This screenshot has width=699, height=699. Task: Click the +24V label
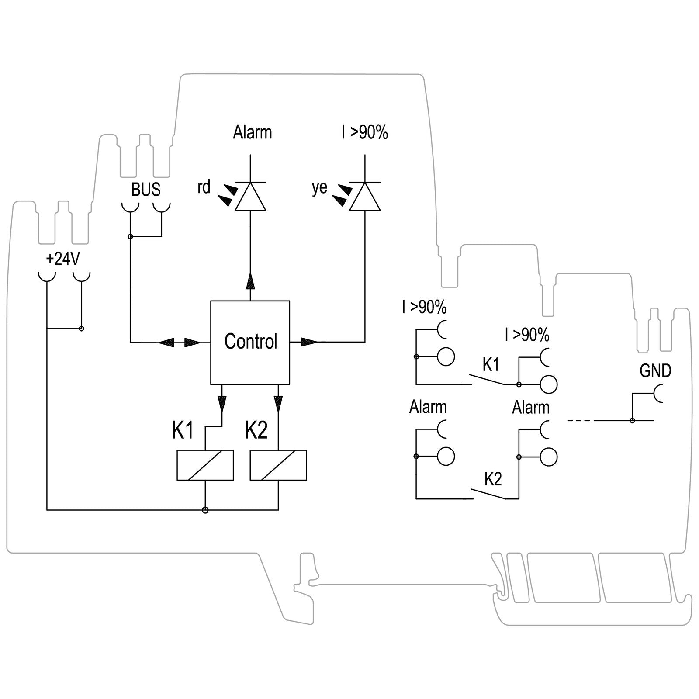point(63,259)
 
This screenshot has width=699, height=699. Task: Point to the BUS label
point(146,190)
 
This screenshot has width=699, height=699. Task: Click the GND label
point(655,371)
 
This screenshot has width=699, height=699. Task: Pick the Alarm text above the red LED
point(252,132)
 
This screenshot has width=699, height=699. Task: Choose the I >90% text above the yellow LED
point(365,132)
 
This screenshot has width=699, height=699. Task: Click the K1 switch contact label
point(491,364)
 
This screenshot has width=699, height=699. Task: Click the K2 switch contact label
point(493,479)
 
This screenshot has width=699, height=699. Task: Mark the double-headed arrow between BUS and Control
point(179,343)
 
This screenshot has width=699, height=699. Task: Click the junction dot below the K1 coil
point(205,510)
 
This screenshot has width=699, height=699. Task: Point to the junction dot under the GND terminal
point(632,421)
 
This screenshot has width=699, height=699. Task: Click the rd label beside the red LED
point(204,187)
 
